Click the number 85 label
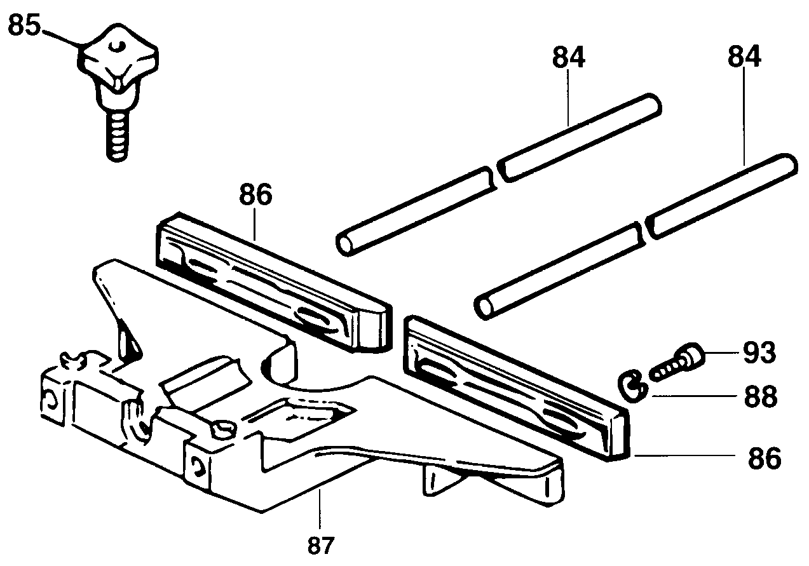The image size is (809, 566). pos(25,27)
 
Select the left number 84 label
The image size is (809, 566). pos(568,58)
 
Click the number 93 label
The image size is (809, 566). pos(758,353)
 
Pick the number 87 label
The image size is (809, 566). pos(322,545)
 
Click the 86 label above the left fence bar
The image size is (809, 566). pos(255,195)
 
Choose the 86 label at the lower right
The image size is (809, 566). pos(763,459)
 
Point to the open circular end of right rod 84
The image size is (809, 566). pos(487,307)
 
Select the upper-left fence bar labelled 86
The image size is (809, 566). pos(273,280)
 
